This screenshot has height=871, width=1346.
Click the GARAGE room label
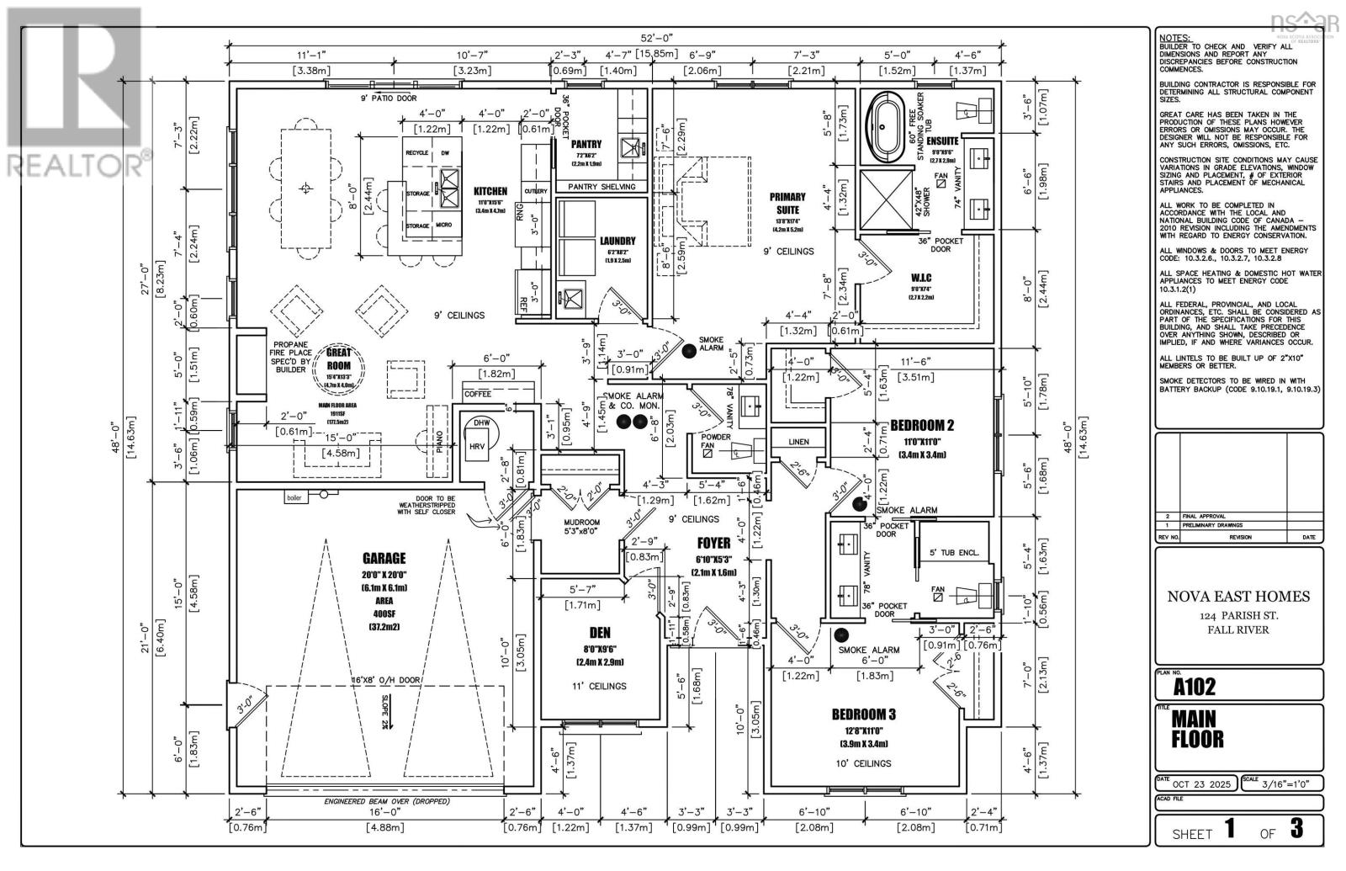384,558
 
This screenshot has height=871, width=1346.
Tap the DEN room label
600,633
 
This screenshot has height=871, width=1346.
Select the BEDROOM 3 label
863,714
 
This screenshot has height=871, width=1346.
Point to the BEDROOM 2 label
922,426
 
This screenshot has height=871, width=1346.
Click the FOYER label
713,543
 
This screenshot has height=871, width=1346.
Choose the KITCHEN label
489,192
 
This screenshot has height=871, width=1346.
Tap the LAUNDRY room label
618,241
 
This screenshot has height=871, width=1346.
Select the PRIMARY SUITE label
787,203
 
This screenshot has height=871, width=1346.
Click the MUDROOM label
581,522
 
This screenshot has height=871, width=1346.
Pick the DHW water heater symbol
481,423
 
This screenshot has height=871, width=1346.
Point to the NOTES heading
1174,39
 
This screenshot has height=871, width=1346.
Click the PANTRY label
586,144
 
